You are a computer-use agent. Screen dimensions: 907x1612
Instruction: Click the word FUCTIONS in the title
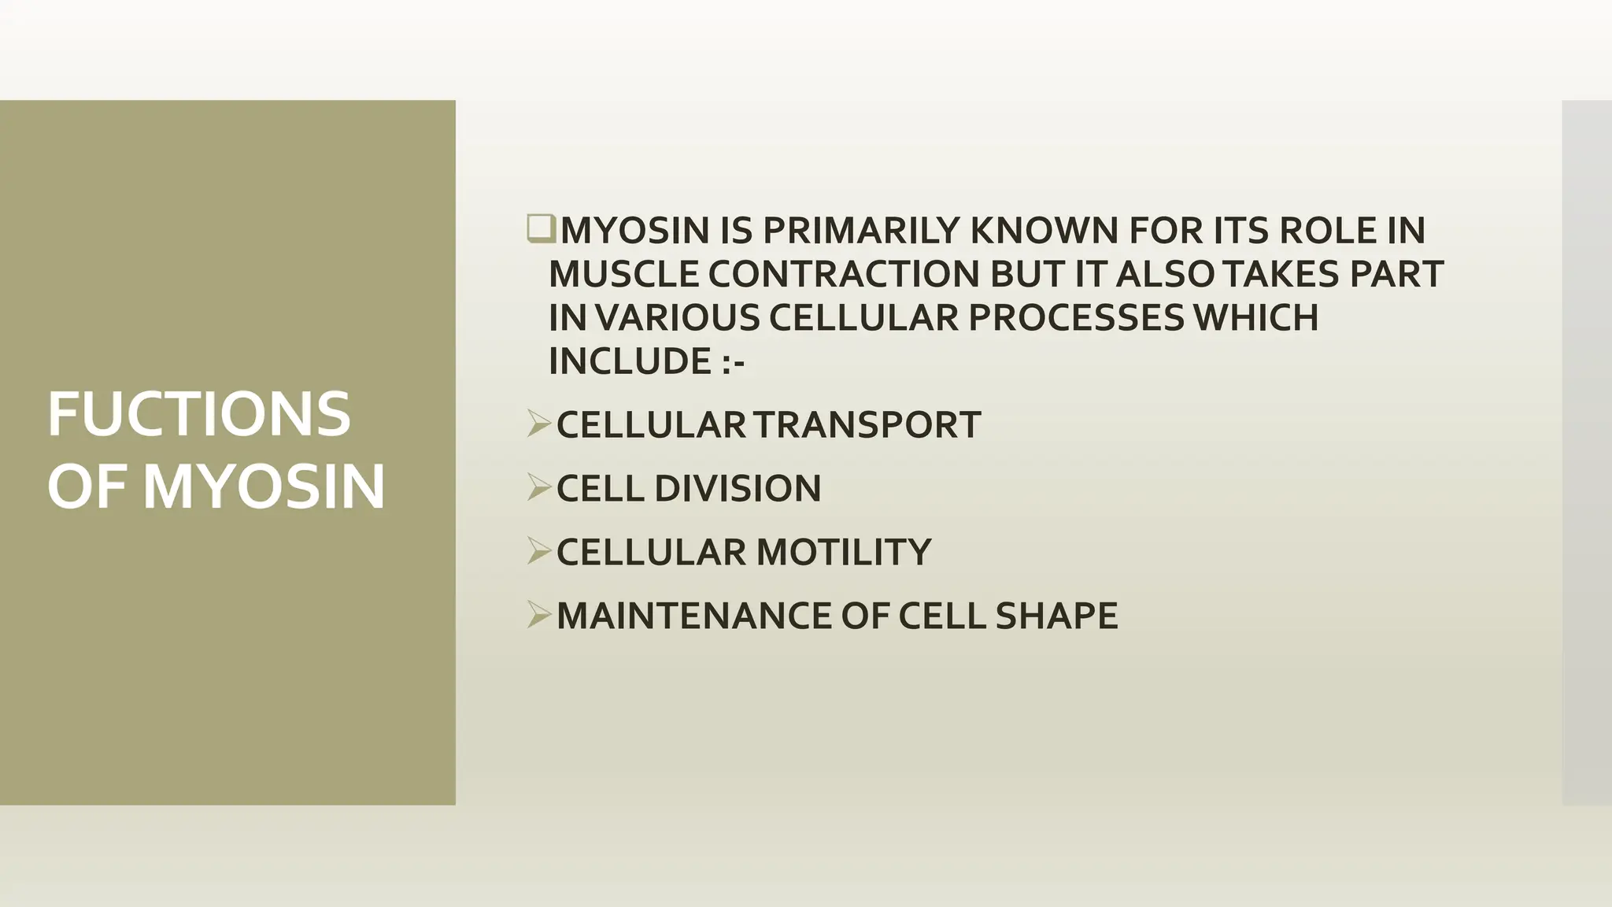click(198, 414)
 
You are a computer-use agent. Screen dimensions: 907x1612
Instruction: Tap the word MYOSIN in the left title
click(264, 487)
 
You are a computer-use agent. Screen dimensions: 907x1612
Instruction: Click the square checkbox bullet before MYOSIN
click(541, 228)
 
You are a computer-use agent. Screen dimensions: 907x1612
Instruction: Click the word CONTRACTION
click(843, 274)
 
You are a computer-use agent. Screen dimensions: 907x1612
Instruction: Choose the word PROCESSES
click(1075, 317)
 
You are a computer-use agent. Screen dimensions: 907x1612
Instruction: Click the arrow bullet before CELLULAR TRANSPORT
click(539, 424)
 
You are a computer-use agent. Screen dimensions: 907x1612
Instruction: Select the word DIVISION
click(738, 488)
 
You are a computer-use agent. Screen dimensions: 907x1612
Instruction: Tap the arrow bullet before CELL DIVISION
click(539, 487)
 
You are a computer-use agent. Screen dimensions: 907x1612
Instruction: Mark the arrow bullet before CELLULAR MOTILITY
click(539, 551)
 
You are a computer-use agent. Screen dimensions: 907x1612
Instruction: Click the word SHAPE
click(1056, 616)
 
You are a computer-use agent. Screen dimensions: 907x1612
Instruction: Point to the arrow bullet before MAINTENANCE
click(539, 615)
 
